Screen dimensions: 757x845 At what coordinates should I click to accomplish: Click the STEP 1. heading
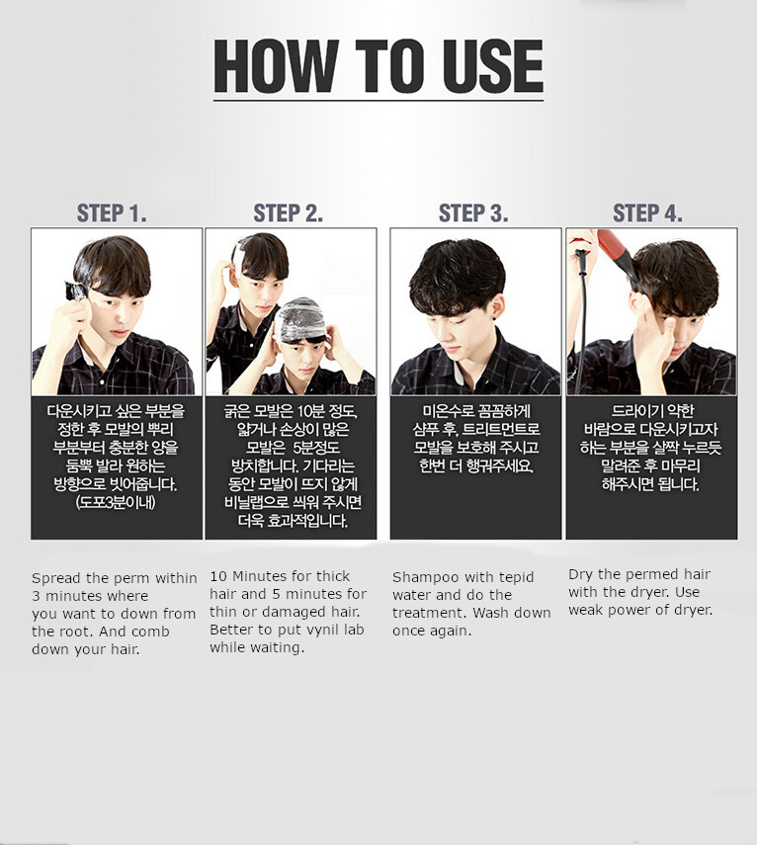(x=112, y=212)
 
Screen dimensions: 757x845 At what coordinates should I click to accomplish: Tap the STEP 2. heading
(x=289, y=212)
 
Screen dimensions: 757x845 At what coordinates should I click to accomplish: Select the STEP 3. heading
(x=473, y=212)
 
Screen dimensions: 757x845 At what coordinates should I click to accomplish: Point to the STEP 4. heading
(x=647, y=212)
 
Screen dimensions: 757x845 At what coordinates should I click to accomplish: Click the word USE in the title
(x=492, y=67)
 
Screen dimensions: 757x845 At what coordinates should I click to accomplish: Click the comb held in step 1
(x=76, y=291)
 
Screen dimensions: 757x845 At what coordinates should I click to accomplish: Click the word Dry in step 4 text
(x=580, y=575)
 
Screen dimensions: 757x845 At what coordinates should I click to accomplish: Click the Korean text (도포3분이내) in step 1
(x=116, y=502)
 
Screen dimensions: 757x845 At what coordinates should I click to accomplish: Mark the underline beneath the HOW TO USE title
(x=378, y=100)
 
